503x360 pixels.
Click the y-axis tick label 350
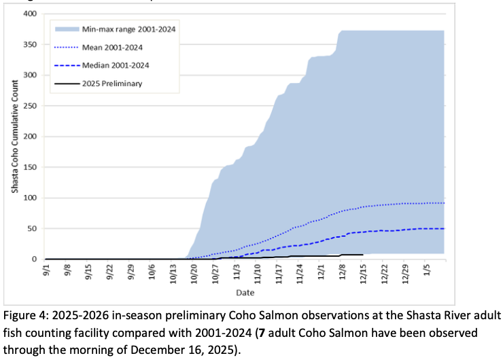click(x=29, y=44)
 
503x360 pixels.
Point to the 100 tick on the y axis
click(x=29, y=198)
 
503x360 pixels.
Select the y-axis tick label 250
click(x=29, y=105)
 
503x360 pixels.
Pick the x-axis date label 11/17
click(x=279, y=274)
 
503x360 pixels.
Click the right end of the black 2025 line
click(x=363, y=255)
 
